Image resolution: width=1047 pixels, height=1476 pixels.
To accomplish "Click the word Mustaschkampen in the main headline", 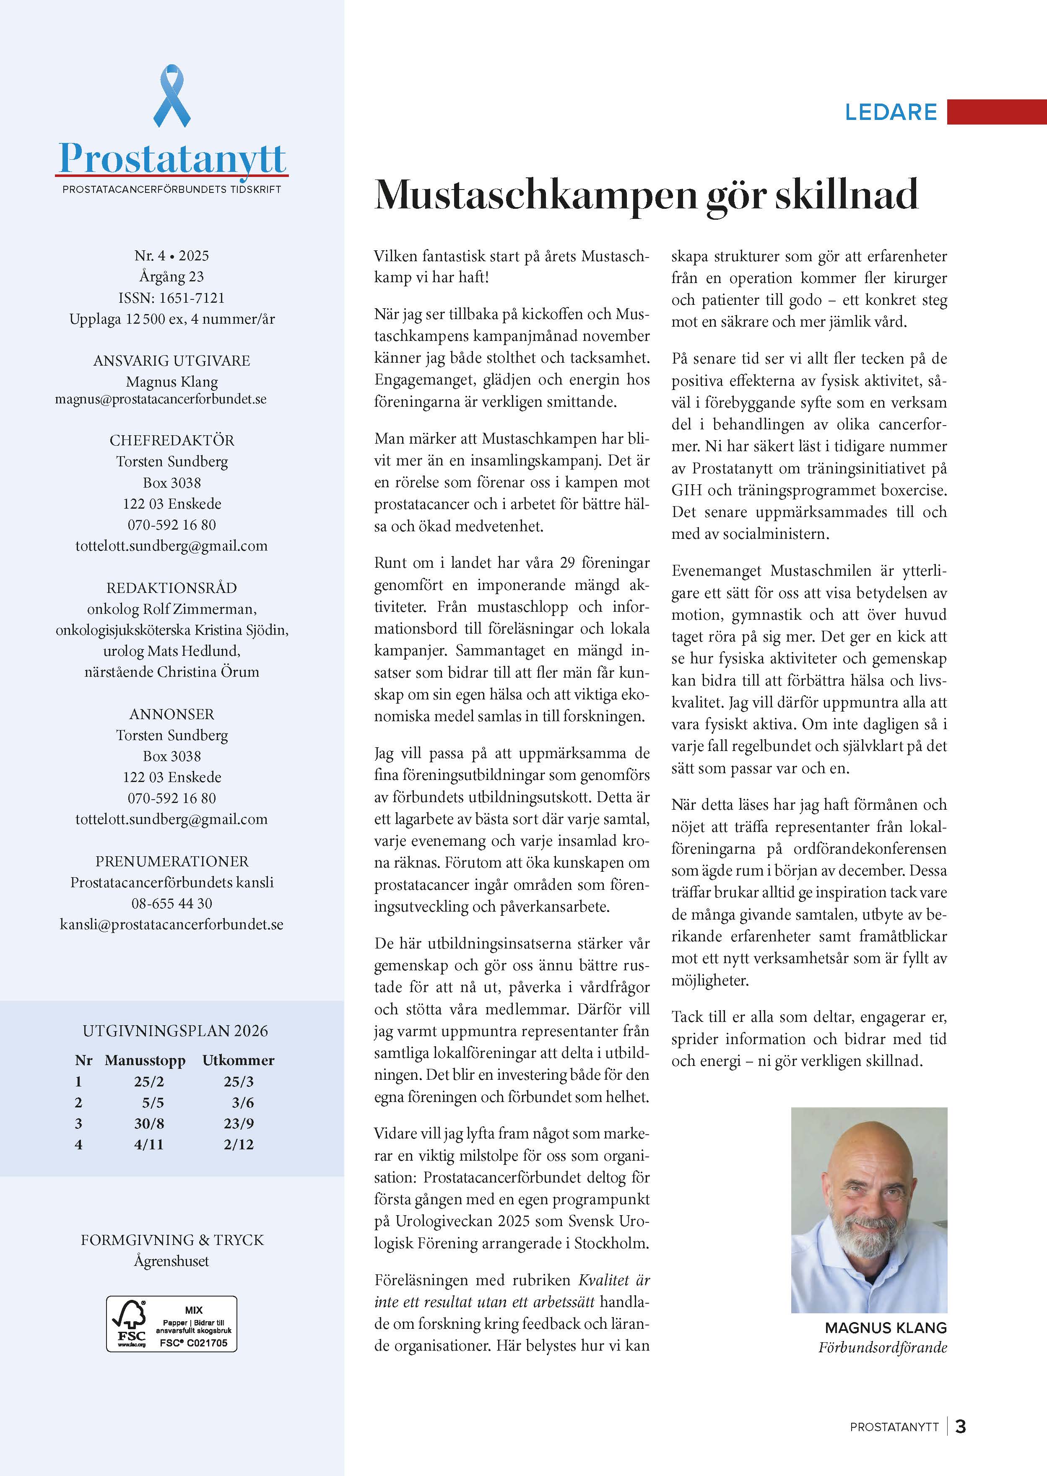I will (535, 195).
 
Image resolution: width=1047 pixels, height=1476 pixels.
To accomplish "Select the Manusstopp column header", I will (145, 1060).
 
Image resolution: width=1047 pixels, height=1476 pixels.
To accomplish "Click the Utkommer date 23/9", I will (239, 1123).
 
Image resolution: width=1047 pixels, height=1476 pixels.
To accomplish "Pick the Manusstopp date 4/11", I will (149, 1145).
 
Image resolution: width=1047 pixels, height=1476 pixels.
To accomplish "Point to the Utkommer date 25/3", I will (239, 1081).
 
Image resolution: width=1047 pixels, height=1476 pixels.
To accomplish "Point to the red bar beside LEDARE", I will (996, 112).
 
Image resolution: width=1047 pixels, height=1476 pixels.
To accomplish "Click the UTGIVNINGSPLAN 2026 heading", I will (175, 1031).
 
